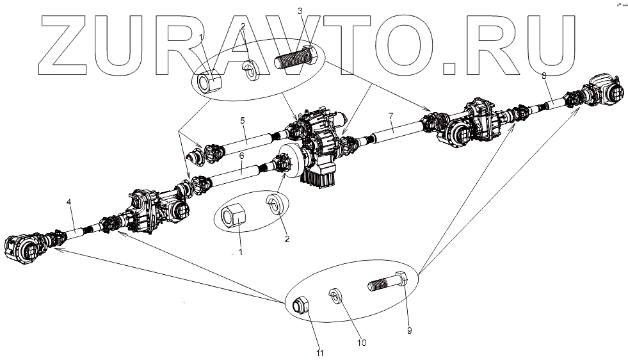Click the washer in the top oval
(250, 69)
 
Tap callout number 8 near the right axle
(543, 76)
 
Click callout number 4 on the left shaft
(68, 203)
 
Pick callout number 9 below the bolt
(408, 331)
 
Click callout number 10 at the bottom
(362, 343)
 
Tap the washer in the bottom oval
(335, 296)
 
